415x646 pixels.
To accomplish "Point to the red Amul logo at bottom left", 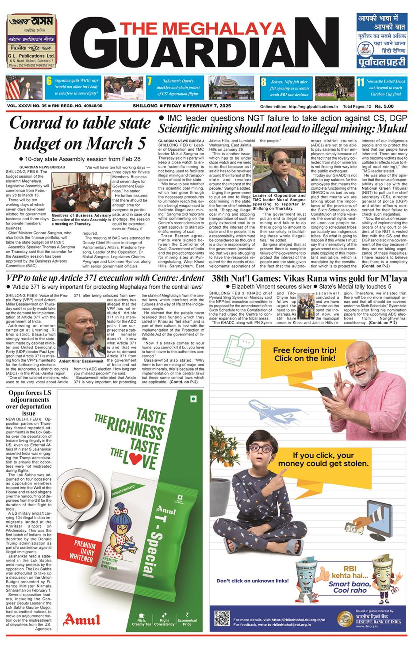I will (82, 619).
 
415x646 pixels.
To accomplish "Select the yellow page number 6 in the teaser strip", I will (49, 81).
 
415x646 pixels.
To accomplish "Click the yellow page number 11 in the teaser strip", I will (360, 82).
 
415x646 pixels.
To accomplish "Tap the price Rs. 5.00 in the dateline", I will (384, 106).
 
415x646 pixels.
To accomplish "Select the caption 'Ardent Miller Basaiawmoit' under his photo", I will (81, 361).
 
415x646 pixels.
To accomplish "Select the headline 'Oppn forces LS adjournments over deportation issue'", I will (29, 403).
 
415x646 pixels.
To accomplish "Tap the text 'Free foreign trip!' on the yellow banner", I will (305, 350).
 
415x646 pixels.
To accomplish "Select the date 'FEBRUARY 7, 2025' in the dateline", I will (209, 106).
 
